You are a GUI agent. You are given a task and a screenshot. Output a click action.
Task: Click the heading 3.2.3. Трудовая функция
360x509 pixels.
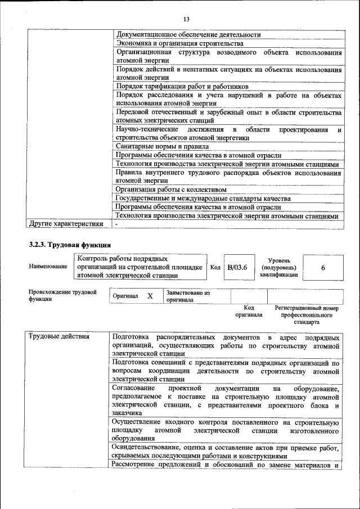pyautogui.click(x=70, y=245)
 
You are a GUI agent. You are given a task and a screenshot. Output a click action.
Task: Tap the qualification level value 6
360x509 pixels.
pyautogui.click(x=323, y=268)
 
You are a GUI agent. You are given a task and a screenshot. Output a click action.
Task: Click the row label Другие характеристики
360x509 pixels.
pyautogui.click(x=66, y=224)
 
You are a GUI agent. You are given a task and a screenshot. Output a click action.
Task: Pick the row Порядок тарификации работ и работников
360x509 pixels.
pyautogui.click(x=182, y=87)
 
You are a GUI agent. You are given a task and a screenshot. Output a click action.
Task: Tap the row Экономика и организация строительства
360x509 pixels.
pyautogui.click(x=179, y=43)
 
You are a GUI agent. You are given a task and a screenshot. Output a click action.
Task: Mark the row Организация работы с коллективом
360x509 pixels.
pyautogui.click(x=170, y=190)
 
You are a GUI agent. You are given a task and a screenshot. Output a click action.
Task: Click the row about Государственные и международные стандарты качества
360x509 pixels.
pyautogui.click(x=202, y=199)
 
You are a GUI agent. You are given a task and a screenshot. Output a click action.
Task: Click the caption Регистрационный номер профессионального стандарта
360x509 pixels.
pyautogui.click(x=306, y=316)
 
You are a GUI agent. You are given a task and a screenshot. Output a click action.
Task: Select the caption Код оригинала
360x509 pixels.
pyautogui.click(x=249, y=312)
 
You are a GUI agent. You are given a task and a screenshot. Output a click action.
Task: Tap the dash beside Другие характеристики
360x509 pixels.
pyautogui.click(x=116, y=224)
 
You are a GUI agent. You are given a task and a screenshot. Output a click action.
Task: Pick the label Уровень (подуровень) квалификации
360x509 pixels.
pyautogui.click(x=279, y=268)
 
